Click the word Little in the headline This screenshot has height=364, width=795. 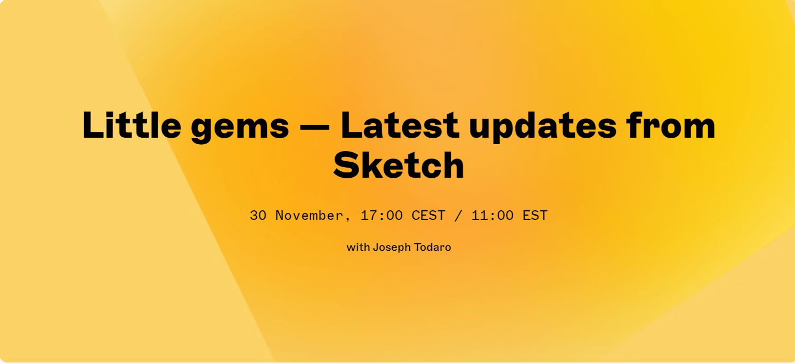[x=132, y=125]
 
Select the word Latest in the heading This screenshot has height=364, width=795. [x=400, y=125]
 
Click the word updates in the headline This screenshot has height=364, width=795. [x=542, y=127]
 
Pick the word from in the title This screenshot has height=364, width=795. [x=671, y=125]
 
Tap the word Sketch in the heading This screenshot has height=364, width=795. [x=399, y=164]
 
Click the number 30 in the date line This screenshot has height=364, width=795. [x=258, y=216]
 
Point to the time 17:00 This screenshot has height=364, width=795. [x=382, y=216]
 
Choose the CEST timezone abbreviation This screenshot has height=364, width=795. [x=428, y=216]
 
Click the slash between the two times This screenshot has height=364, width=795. [x=458, y=216]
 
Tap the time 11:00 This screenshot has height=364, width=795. [x=492, y=216]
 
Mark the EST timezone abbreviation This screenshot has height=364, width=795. [x=535, y=216]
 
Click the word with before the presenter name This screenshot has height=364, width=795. [x=358, y=247]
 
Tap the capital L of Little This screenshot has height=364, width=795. [x=93, y=125]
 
